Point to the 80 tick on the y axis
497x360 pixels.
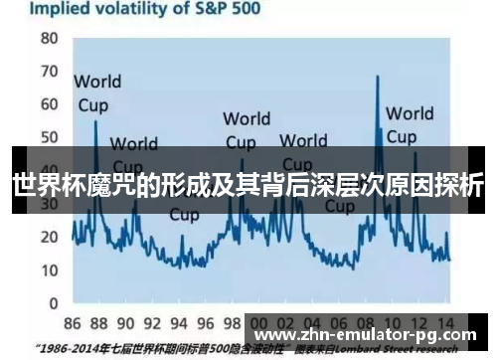[49, 39]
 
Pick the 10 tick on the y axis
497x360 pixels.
[49, 270]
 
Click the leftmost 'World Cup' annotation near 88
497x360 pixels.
[96, 91]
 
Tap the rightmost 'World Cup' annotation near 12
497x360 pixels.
[409, 123]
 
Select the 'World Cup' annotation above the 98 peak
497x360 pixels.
[246, 129]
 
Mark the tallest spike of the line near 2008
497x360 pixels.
[378, 79]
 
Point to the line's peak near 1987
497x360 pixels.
[95, 122]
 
